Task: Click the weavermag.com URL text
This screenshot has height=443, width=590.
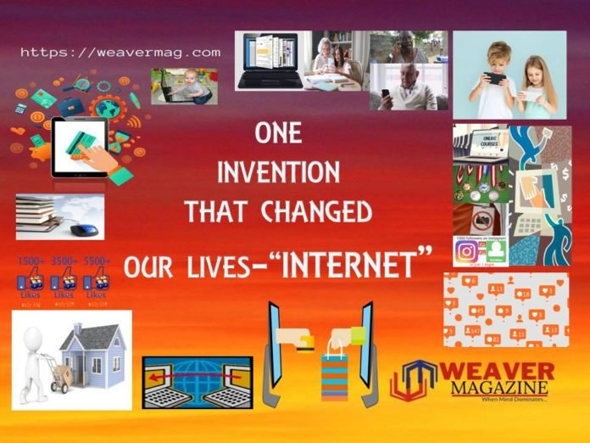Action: point(120,53)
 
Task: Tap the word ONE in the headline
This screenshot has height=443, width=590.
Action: point(277,135)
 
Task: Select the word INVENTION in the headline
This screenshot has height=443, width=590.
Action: point(278,172)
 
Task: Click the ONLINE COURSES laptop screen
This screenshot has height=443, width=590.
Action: point(490,142)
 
